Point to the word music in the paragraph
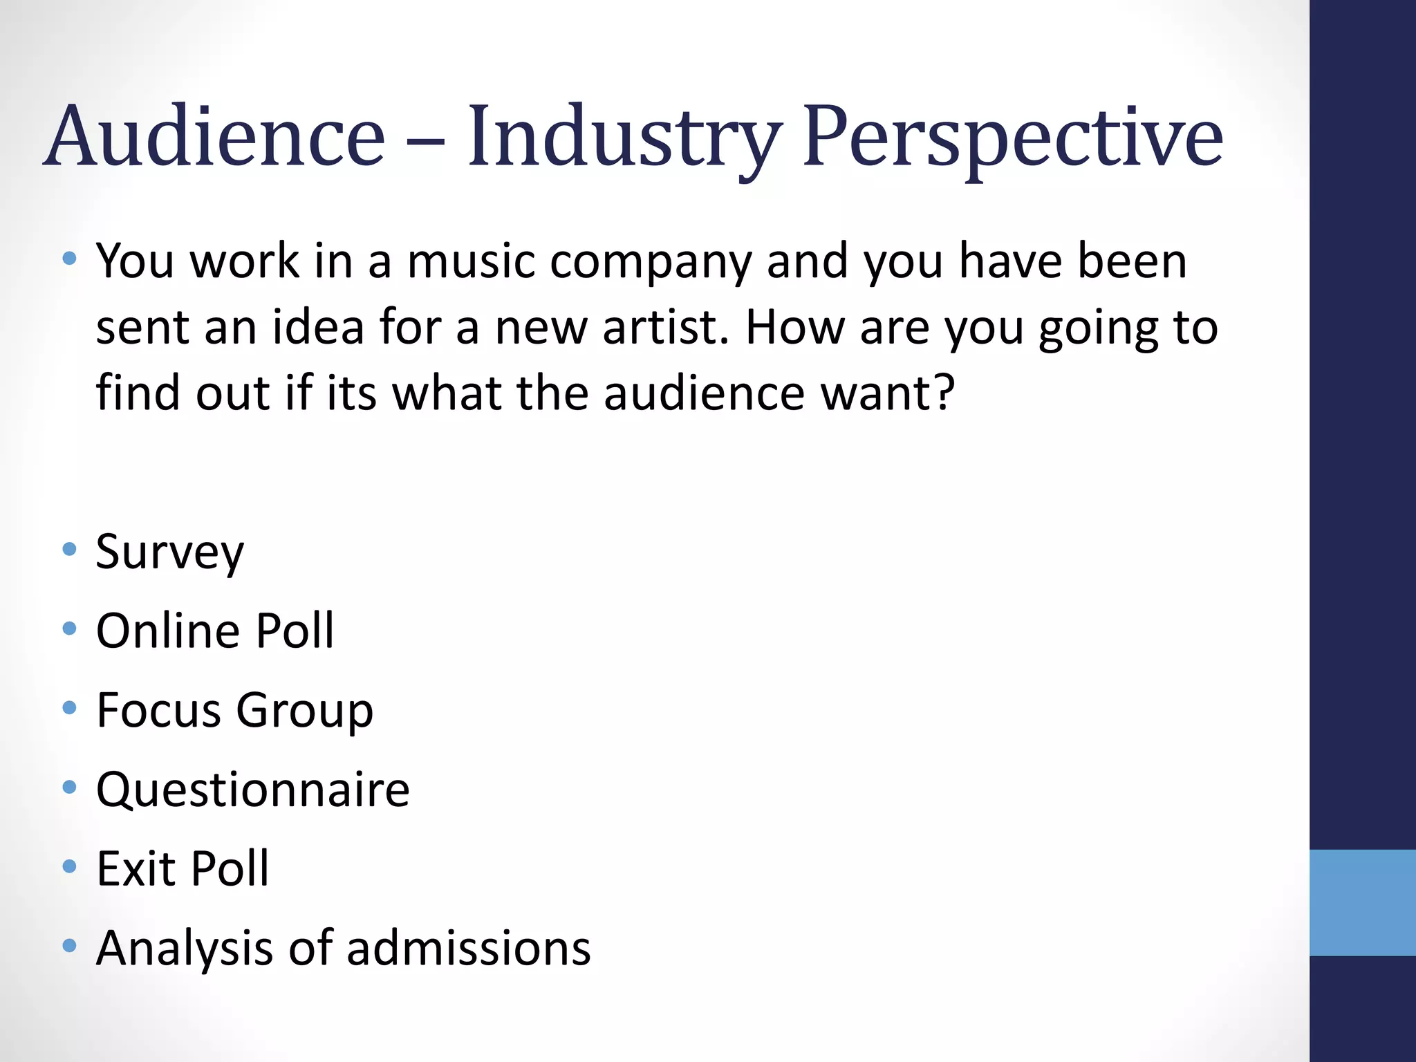471,261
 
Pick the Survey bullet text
170,553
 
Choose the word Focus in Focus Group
158,710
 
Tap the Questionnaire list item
253,790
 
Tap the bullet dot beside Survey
68,550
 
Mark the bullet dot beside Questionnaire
68,787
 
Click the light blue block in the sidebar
1362,902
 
